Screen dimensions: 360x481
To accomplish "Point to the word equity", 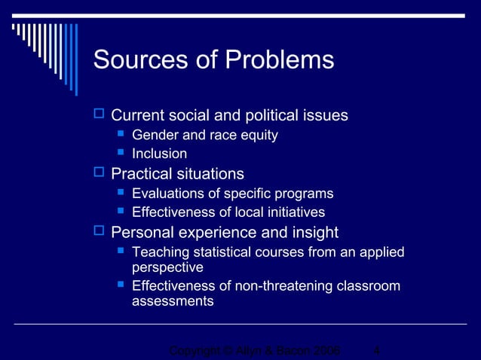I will coord(259,136).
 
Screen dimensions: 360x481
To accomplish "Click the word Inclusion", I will coord(159,154).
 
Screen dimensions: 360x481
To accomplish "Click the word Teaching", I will coord(159,252).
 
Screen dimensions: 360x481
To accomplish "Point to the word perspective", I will coord(167,267).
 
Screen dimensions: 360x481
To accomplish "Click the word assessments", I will coord(173,301).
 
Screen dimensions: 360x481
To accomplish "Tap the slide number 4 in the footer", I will coord(376,351).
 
